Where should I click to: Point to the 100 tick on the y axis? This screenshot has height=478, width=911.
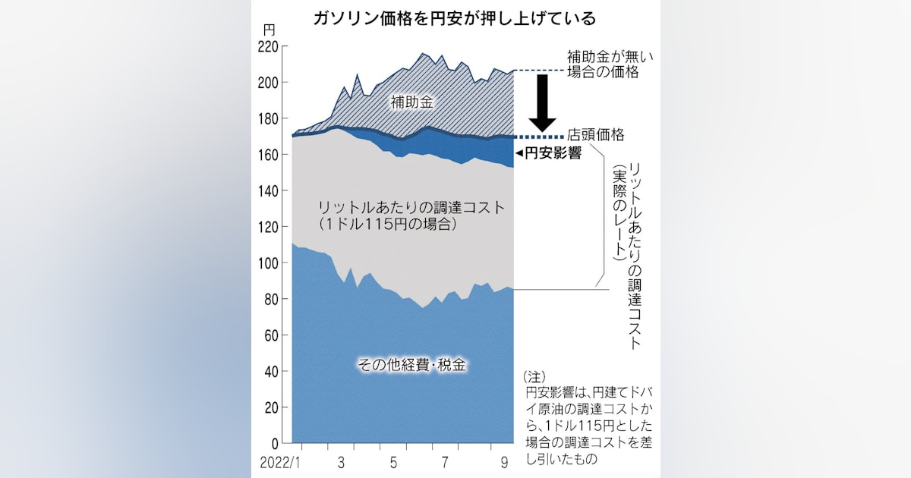269,263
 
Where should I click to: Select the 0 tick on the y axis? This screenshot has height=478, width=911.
275,443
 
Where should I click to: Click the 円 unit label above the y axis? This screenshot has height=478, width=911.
270,30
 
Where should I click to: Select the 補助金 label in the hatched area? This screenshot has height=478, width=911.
412,102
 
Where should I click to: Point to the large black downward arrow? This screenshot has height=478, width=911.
543,103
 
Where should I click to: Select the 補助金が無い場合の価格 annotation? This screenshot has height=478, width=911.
605,64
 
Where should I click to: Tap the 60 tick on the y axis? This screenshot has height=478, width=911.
272,335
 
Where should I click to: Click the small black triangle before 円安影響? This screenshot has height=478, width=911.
519,153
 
